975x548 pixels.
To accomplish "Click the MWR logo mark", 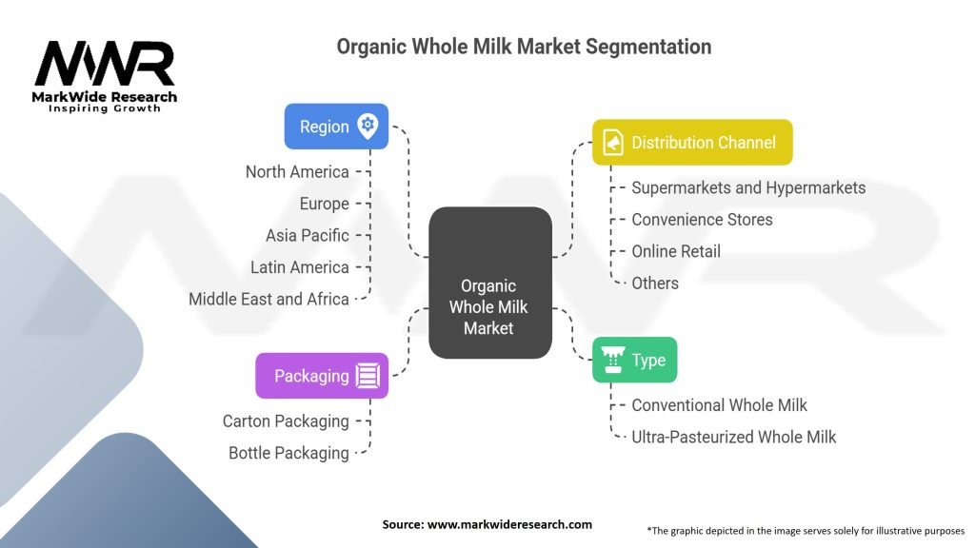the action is coord(105,64).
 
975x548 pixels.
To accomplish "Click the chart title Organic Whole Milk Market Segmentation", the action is coord(524,47).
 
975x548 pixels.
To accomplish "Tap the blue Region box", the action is coord(336,127).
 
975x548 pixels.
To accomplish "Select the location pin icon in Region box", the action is coord(368,127).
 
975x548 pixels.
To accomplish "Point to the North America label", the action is coord(297,172).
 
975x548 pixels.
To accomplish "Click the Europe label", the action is coord(324,204).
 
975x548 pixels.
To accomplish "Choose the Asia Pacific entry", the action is coord(308,236).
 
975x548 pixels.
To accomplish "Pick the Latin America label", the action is coord(300,267).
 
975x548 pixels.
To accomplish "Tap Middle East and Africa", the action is coord(269,299).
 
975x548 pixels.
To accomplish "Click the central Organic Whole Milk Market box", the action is coord(490,283).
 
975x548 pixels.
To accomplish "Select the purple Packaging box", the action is coord(322,376).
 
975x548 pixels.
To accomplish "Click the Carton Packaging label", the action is coord(286,421).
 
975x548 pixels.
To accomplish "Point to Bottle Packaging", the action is coord(289,453).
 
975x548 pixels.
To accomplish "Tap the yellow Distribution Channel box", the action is coord(692,143).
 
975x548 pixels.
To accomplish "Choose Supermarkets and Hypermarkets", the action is coord(748,187).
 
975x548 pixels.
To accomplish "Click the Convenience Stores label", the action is coord(702,220).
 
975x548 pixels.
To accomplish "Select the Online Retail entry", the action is coord(676,251).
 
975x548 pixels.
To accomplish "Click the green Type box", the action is coord(634,360).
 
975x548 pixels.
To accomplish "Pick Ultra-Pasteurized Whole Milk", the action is coord(734,437).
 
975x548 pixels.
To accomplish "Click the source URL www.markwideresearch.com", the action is coord(509,524).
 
